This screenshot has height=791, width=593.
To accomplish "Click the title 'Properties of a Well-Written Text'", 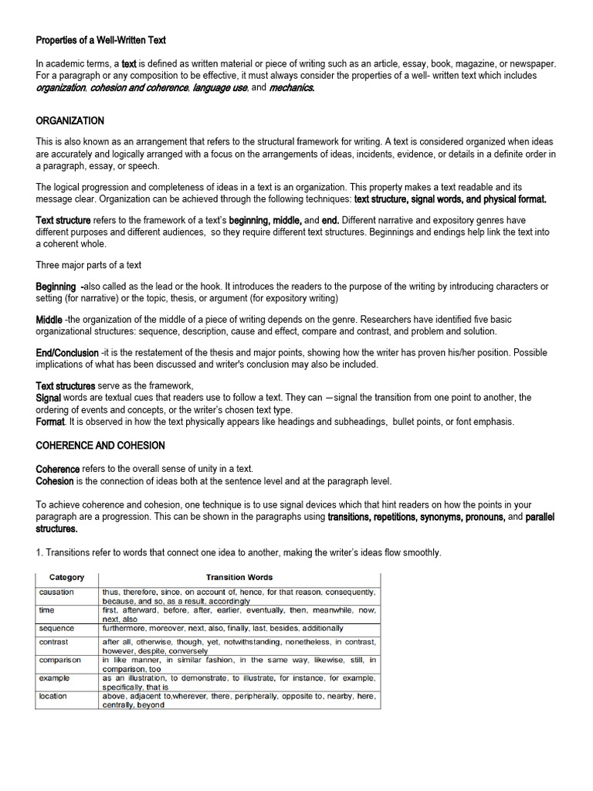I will coord(101,39).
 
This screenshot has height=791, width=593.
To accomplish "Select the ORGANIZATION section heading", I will coord(70,121).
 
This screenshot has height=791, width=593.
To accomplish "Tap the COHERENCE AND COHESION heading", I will coord(100,446).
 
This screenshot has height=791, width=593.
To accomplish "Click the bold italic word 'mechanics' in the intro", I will coord(292,88).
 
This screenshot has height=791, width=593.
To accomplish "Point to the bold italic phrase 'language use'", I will coord(220,88).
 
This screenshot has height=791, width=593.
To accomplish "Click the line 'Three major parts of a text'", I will coord(89,265).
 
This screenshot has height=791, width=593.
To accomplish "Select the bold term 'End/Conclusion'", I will coord(67,353).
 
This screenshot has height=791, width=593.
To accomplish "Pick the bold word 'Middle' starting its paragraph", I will coord(49,320).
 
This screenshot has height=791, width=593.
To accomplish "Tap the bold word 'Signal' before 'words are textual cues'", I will coord(49,398).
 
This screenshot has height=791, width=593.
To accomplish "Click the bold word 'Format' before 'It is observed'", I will coord(50,422).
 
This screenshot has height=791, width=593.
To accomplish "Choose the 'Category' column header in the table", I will coord(67,577).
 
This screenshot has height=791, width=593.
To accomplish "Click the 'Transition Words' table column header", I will coord(239,577).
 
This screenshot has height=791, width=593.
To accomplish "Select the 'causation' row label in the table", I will coord(57,592).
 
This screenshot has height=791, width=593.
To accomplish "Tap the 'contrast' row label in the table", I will coord(54,642).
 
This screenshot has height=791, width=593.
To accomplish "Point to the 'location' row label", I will coord(53,696).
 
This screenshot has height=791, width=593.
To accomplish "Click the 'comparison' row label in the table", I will coord(60,660).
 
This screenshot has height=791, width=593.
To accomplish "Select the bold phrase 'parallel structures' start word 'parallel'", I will coord(540,517).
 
